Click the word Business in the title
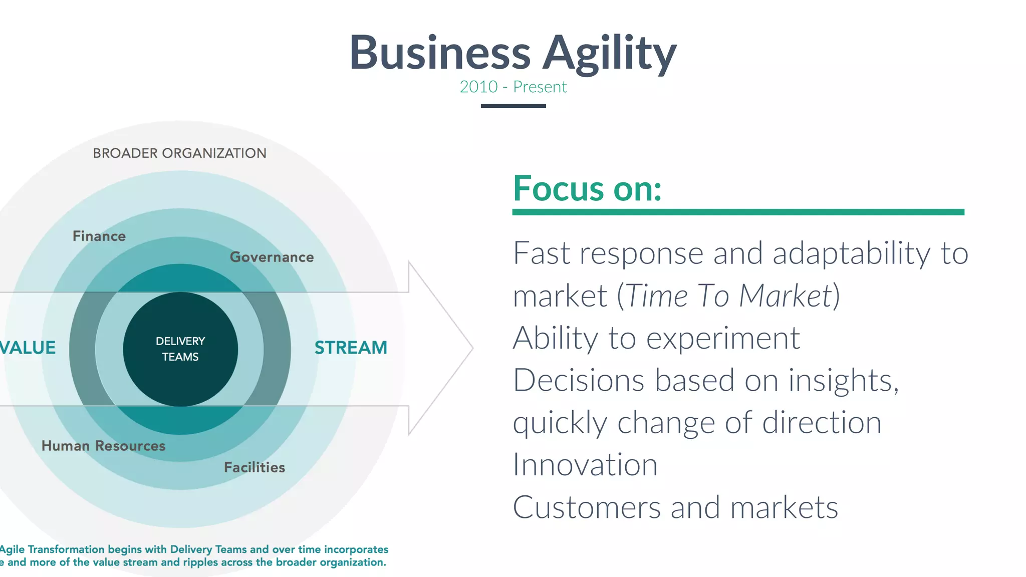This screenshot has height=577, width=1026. (440, 53)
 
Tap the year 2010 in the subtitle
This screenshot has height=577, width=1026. (478, 87)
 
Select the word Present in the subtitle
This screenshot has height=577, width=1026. (540, 87)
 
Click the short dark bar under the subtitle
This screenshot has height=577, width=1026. (513, 106)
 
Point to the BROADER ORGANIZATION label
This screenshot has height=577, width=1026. (179, 153)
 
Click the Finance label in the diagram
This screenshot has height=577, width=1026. (99, 236)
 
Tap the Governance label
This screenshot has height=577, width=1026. (272, 257)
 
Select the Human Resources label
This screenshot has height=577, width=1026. (103, 446)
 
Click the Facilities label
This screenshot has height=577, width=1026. (254, 467)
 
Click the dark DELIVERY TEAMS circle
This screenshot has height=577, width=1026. (180, 349)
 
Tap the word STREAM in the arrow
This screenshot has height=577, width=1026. (351, 348)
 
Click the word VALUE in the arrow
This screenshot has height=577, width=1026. (28, 348)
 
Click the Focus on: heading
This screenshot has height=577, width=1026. (587, 189)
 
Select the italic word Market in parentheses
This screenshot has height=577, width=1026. (785, 296)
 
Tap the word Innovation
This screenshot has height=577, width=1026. (585, 465)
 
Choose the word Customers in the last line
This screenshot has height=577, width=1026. (587, 507)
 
